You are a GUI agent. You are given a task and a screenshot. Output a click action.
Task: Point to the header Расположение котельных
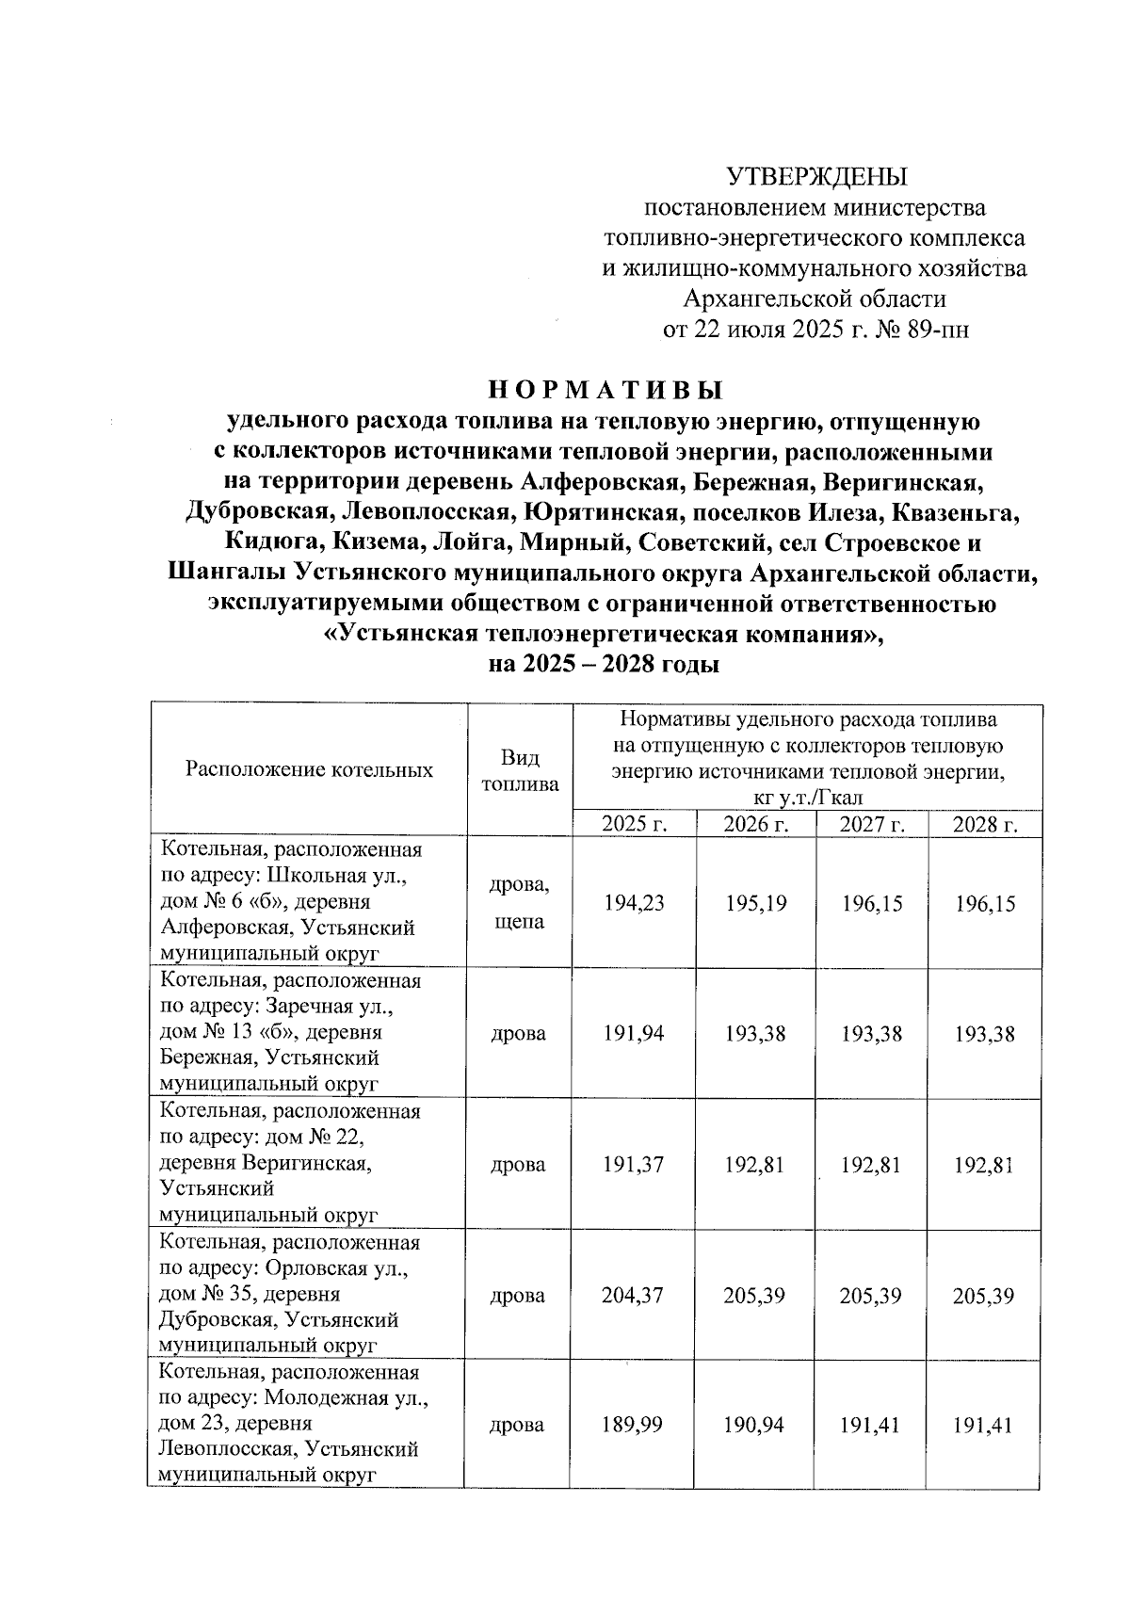click(310, 769)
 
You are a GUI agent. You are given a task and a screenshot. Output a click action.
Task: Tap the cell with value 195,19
click(756, 903)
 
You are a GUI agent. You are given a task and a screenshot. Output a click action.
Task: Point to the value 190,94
click(756, 1425)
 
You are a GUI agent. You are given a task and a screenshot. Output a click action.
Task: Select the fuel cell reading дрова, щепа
click(520, 903)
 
